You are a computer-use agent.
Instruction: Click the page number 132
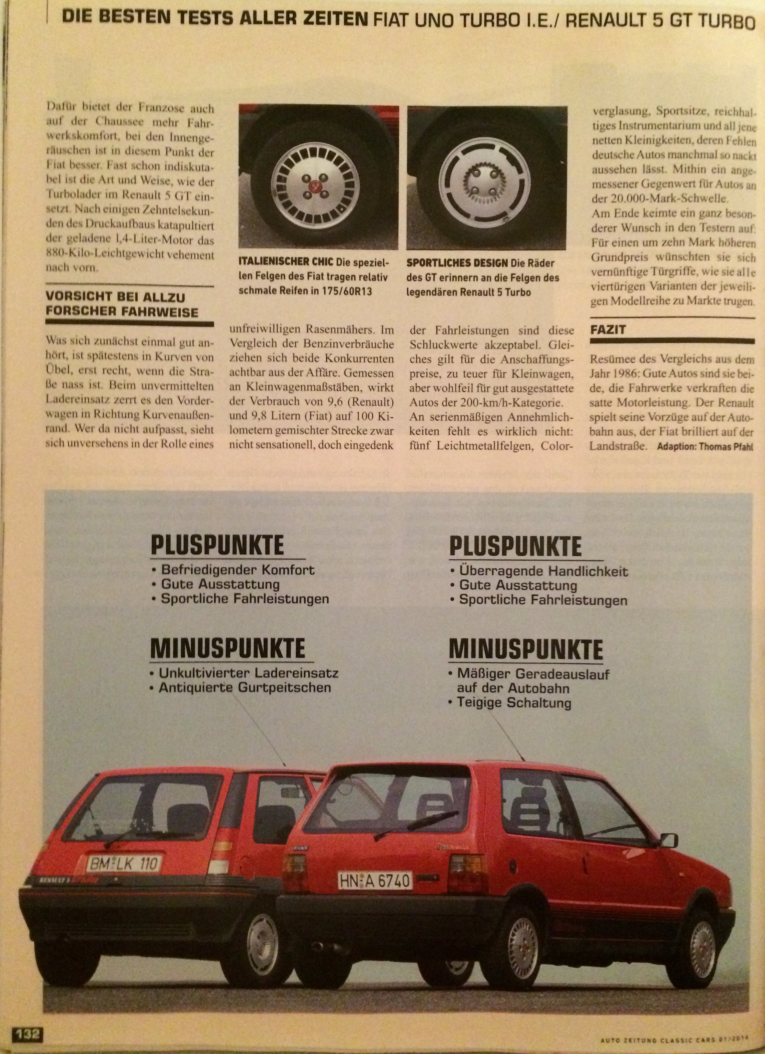(29, 1034)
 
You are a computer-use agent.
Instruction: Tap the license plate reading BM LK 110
(124, 864)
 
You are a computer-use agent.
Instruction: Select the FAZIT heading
(608, 330)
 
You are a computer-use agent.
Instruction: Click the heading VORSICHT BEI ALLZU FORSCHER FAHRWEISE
(122, 304)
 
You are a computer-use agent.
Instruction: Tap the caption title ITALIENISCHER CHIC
(287, 263)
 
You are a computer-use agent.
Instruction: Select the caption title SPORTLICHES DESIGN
(457, 263)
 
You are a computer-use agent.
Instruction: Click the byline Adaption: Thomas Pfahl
(704, 447)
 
